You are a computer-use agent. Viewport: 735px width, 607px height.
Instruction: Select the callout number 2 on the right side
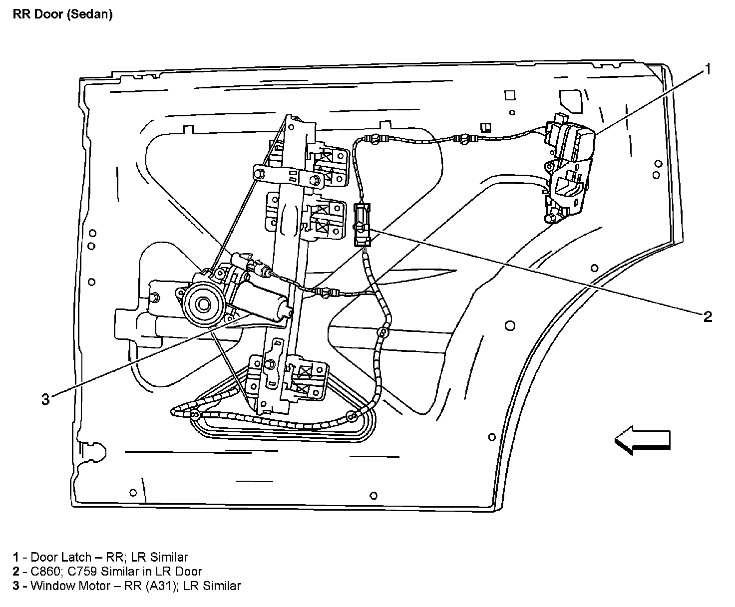pos(708,316)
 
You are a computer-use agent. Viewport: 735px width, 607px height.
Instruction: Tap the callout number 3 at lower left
pos(45,399)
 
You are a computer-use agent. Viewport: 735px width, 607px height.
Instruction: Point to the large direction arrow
pos(642,440)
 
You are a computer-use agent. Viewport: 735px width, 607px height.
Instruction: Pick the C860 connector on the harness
pos(362,225)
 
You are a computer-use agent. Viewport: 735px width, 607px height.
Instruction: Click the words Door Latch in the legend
pos(61,557)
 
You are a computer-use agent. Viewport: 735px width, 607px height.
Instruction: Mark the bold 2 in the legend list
pos(16,571)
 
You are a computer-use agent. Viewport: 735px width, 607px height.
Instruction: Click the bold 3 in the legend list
pos(16,586)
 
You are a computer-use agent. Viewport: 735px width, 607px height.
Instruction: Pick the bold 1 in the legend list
pos(16,557)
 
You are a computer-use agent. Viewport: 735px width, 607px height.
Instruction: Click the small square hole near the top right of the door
pos(509,95)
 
